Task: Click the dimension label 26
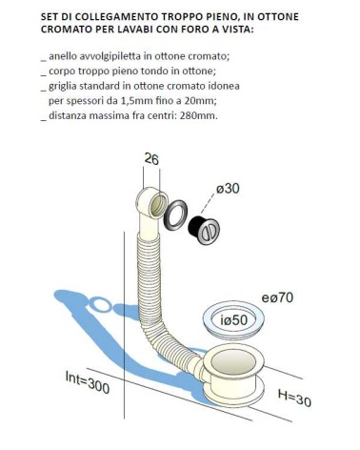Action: pos(151,159)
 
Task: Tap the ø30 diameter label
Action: pos(228,189)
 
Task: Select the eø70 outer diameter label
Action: pos(277,297)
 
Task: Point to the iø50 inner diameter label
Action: pos(233,320)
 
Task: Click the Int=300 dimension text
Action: pos(88,382)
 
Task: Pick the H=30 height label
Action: pos(294,399)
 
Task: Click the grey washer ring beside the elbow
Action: pos(175,215)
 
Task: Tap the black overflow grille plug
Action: pos(204,230)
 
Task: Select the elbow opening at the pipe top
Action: pos(158,205)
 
